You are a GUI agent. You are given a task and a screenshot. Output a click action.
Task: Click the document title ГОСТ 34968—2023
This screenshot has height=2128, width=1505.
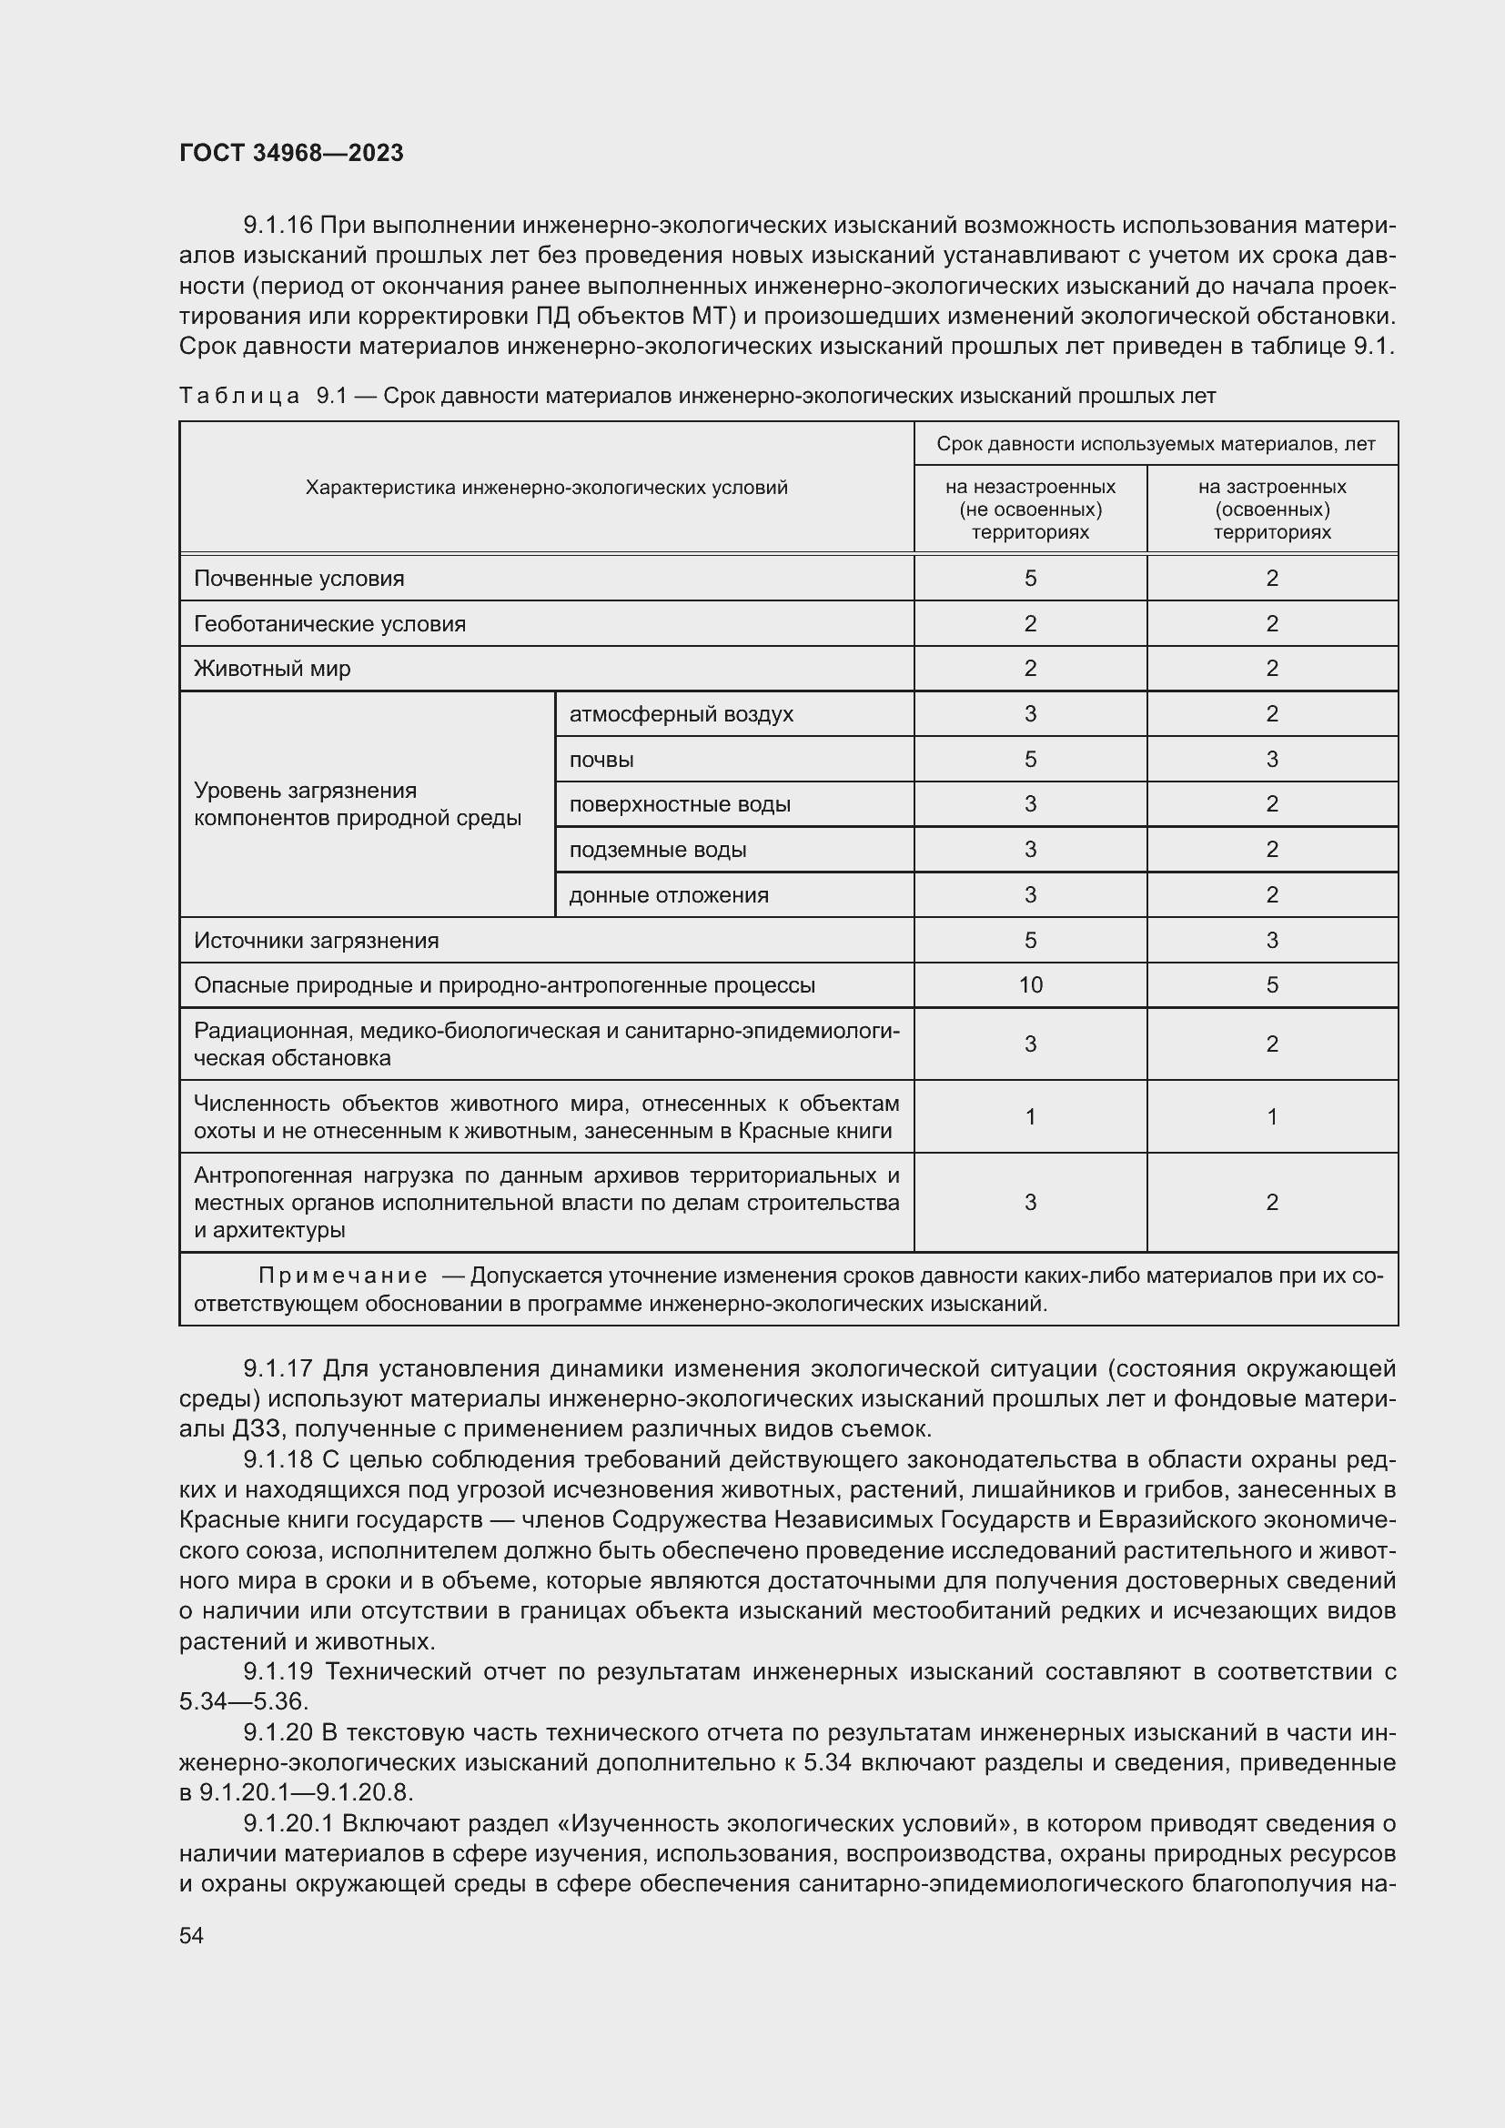point(291,153)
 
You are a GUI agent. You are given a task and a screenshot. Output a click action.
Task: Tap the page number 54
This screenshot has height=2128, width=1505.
point(191,1935)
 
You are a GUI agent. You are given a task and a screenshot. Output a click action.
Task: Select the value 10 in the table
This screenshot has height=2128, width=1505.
point(1030,985)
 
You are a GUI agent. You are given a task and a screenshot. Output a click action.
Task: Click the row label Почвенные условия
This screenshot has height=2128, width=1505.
point(298,579)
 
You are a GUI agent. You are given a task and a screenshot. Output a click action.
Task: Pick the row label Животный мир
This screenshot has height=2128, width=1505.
point(271,669)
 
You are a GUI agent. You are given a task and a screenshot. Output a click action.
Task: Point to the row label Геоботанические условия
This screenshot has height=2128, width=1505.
point(329,624)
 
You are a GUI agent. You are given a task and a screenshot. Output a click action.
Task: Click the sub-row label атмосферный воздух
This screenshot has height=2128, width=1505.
point(681,713)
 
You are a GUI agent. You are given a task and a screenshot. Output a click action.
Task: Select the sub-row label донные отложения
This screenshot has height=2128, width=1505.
point(668,895)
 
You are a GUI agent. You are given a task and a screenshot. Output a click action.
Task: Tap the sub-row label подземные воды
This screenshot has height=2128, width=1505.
point(657,850)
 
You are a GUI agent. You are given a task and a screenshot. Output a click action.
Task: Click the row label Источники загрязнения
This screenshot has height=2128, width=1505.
point(316,941)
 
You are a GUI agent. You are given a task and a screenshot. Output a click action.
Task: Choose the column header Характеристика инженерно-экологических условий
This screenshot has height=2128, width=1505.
point(546,488)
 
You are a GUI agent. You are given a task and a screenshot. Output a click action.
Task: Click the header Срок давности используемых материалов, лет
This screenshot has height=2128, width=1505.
point(1155,444)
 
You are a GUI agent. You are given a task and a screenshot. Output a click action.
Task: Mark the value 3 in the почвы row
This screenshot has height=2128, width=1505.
point(1271,759)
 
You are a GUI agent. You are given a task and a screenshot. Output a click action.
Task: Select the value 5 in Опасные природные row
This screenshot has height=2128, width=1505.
point(1271,985)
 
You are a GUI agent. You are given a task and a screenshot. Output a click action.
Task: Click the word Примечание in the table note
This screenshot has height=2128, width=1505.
point(343,1276)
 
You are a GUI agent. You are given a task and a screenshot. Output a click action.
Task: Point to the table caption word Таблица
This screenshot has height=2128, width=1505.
point(239,397)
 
